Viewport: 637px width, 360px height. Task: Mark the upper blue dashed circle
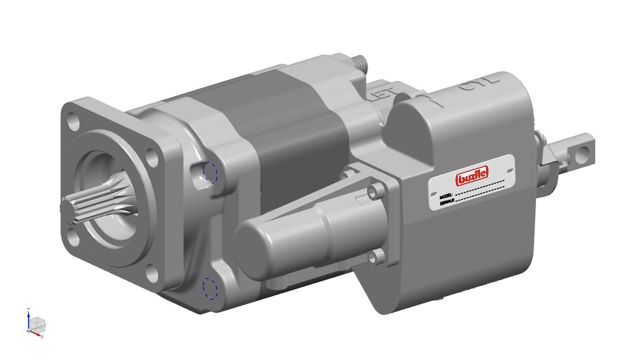coord(210,172)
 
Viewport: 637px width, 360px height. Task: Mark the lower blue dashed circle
coord(210,288)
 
